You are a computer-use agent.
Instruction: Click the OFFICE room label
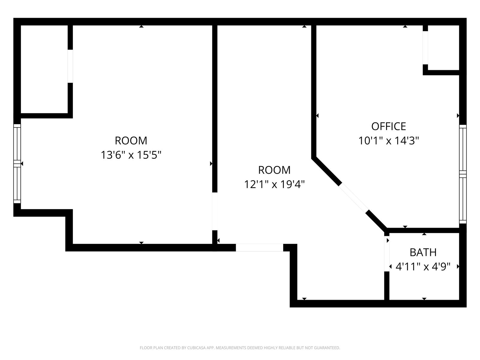tap(388, 126)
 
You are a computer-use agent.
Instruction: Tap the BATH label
tap(423, 253)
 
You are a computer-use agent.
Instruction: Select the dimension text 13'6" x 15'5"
tap(131, 155)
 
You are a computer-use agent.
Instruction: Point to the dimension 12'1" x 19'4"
tap(274, 184)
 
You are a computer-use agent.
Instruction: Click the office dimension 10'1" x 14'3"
tap(388, 140)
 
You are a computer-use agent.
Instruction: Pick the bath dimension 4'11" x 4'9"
tap(423, 267)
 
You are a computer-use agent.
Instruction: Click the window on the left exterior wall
tap(17, 164)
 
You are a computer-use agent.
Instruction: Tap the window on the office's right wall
tap(463, 174)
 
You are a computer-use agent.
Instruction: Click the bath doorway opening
tap(387, 254)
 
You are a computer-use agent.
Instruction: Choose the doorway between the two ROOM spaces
tap(215, 211)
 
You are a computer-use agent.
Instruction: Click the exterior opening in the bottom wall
tap(259, 248)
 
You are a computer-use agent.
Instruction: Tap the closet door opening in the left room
tap(70, 66)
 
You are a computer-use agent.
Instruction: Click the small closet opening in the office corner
tap(425, 48)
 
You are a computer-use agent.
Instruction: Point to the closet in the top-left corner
tap(44, 69)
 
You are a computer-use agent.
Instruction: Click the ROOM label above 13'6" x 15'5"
tap(131, 140)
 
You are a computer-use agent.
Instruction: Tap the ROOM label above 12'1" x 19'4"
tap(274, 170)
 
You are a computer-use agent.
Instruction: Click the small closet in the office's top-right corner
tap(443, 48)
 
